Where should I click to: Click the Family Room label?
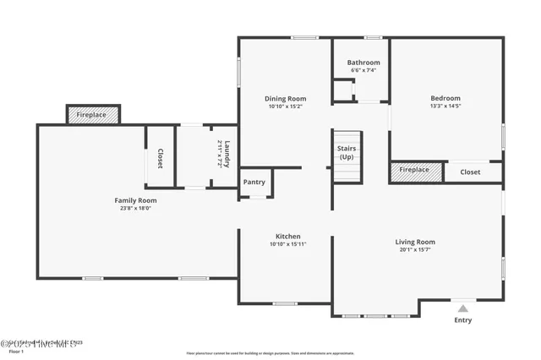pos(136,200)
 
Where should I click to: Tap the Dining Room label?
pos(285,98)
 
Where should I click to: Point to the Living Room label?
pos(415,242)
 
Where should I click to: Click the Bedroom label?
pos(445,98)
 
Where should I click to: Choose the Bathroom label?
pos(363,62)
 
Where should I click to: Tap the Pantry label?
pos(254,182)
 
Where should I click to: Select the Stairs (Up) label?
pos(346,152)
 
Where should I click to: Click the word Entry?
pos(463,320)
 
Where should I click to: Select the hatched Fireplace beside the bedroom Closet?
pos(414,170)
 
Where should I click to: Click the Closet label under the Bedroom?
pos(470,172)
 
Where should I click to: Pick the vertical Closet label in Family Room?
pos(160,157)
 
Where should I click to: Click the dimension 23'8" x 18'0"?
pos(136,208)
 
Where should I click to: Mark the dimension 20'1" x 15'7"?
pos(415,249)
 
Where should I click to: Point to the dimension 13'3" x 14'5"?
pos(445,106)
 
